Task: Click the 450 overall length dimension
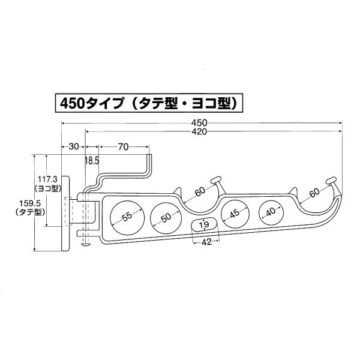205,124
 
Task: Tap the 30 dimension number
73,146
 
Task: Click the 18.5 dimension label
92,160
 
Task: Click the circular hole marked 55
127,217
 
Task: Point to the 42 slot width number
205,242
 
